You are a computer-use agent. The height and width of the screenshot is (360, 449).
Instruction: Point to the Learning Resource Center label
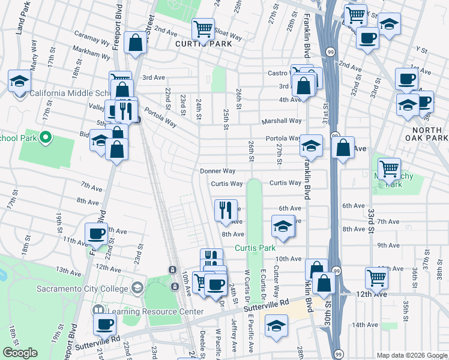point(155,311)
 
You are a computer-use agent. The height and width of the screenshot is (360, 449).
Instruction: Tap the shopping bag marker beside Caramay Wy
point(136,42)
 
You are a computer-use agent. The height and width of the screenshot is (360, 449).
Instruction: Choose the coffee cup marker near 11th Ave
point(96,233)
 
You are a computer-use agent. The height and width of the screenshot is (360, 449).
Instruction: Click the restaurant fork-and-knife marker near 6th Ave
point(226,209)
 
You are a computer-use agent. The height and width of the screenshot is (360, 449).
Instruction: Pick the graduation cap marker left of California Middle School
point(19,81)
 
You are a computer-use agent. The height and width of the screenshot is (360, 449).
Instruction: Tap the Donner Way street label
point(218,171)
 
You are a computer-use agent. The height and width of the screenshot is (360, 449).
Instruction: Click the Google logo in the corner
point(20,353)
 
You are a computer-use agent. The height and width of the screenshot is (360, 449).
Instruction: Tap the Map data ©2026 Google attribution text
point(412,355)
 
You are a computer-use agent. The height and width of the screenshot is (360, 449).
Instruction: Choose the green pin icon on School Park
point(45,138)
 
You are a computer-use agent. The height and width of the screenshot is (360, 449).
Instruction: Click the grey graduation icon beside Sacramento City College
point(138,289)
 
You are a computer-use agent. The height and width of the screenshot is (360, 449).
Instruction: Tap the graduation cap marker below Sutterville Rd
point(276,326)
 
